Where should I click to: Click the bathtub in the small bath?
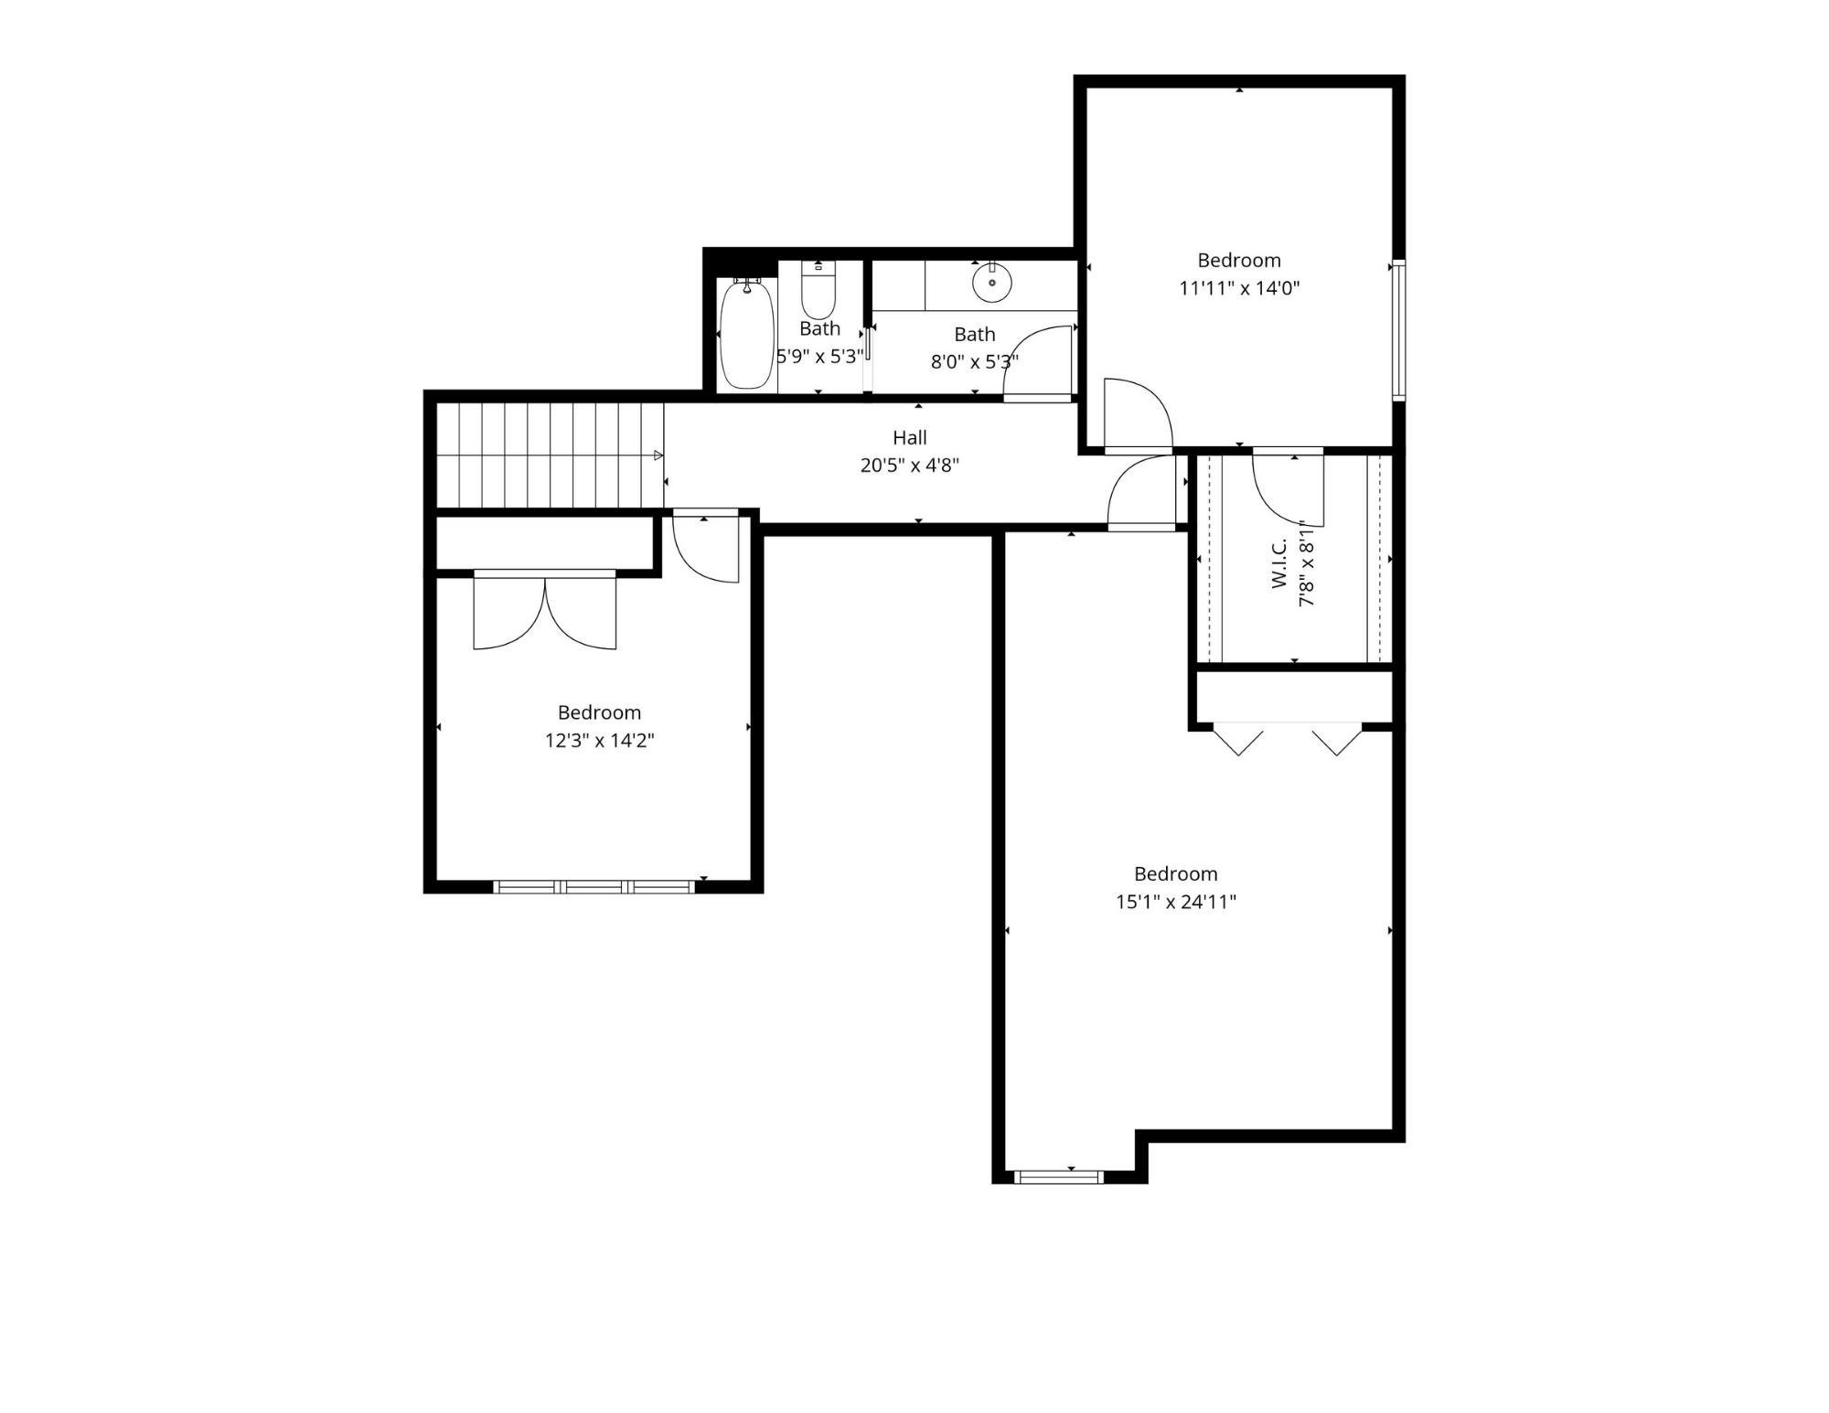[746, 335]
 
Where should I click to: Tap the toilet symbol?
[818, 291]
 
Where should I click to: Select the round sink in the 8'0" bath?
[991, 283]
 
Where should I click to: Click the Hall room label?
[909, 438]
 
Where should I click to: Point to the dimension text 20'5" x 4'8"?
[909, 466]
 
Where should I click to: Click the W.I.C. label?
[1279, 562]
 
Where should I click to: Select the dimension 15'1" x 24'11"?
[1175, 902]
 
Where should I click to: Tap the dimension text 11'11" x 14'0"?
[1239, 289]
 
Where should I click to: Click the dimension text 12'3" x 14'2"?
[599, 741]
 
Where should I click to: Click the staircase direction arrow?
[658, 455]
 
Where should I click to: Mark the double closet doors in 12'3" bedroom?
[545, 613]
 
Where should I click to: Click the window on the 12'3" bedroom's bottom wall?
[594, 886]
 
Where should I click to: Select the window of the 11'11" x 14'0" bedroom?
[1398, 331]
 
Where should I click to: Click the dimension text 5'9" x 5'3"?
[819, 357]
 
